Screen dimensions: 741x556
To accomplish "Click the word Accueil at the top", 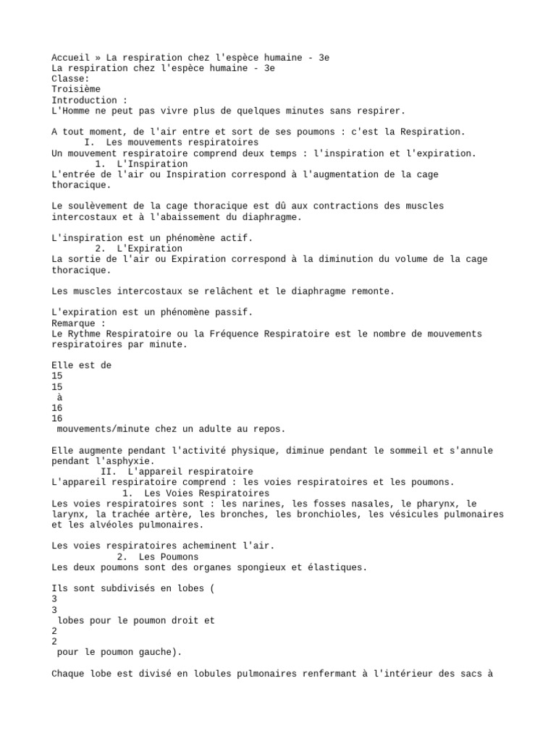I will pyautogui.click(x=70, y=57).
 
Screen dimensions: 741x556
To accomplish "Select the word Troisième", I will pyautogui.click(x=76, y=89).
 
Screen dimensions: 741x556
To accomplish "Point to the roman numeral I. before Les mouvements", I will pyautogui.click(x=91, y=143).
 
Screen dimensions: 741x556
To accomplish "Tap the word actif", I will pyautogui.click(x=237, y=238).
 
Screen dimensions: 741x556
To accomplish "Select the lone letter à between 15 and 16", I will pyautogui.click(x=59, y=397).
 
